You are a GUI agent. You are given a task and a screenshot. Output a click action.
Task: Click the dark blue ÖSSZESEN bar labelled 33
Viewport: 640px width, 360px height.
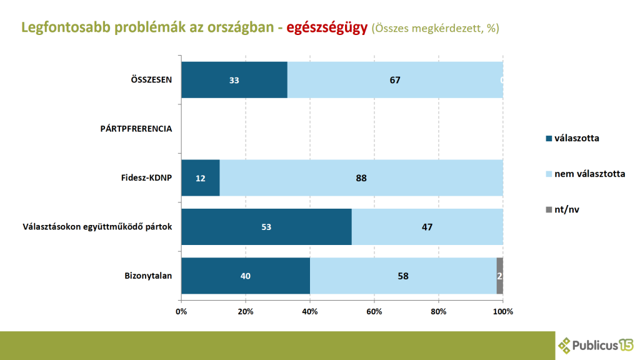point(234,80)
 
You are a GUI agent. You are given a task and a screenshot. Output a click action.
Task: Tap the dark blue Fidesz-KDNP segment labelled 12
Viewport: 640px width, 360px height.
point(201,177)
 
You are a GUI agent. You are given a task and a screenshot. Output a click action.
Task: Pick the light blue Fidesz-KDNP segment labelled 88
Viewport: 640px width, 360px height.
point(361,177)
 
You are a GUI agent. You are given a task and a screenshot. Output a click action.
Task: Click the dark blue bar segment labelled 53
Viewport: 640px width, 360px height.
point(266,226)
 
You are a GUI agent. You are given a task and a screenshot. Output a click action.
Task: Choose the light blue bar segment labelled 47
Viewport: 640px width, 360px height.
point(427,226)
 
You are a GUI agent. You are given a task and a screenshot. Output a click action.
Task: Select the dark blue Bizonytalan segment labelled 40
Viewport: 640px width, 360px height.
point(246,275)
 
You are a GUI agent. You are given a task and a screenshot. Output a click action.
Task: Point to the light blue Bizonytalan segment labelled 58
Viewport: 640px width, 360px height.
point(403,275)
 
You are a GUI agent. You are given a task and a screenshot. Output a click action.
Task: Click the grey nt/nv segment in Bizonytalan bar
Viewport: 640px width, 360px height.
point(500,275)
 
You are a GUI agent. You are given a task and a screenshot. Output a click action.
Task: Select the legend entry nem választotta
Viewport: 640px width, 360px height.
point(589,173)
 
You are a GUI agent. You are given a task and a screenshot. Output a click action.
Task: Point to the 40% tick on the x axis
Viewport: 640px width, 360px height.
point(310,311)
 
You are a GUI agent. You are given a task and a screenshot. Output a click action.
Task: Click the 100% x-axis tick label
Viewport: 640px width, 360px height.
point(503,311)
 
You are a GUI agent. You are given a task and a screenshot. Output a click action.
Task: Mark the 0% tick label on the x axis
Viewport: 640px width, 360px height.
point(181,311)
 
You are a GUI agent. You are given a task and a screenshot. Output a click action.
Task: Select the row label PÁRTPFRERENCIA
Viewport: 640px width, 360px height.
point(136,129)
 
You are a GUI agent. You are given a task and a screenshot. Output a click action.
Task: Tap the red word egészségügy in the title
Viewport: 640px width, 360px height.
point(327,28)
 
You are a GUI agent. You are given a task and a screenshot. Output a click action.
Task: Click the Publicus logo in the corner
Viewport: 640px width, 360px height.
point(595,344)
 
